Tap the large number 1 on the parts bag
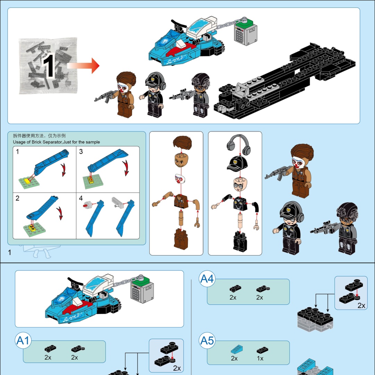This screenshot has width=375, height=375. click(x=49, y=66)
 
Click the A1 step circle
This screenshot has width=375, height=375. click(x=23, y=341)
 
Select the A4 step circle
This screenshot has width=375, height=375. click(x=207, y=278)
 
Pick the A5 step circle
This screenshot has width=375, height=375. click(x=207, y=341)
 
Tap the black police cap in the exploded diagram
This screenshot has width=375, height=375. click(x=237, y=163)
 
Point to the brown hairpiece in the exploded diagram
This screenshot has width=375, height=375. click(x=182, y=143)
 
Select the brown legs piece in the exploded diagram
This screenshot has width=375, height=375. click(x=181, y=239)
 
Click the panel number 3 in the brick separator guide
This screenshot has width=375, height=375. click(x=81, y=152)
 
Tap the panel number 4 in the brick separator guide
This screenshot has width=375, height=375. click(x=81, y=198)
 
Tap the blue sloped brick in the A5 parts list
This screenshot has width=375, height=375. click(x=237, y=349)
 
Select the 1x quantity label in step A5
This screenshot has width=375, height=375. click(x=260, y=358)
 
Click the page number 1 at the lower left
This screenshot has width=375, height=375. click(x=10, y=252)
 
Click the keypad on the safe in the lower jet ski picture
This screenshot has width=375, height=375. click(x=136, y=293)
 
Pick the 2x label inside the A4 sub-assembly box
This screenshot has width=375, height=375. click(x=361, y=306)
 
